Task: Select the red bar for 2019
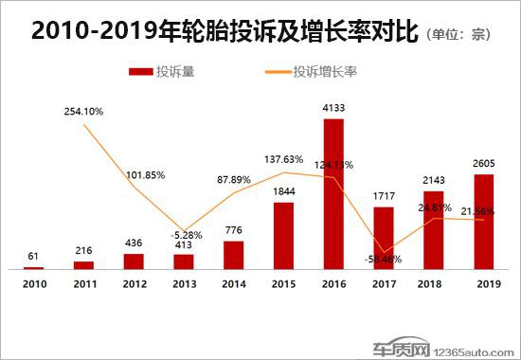point(483,222)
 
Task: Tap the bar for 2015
point(283,236)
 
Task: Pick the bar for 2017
point(384,238)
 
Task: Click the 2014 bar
point(233,255)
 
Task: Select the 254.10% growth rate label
point(84,112)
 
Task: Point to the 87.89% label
point(233,179)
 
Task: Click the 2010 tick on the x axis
point(34,283)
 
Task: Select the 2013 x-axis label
point(184,283)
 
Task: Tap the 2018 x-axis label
point(433,283)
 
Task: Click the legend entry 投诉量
point(176,71)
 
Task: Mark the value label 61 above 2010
point(34,257)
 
